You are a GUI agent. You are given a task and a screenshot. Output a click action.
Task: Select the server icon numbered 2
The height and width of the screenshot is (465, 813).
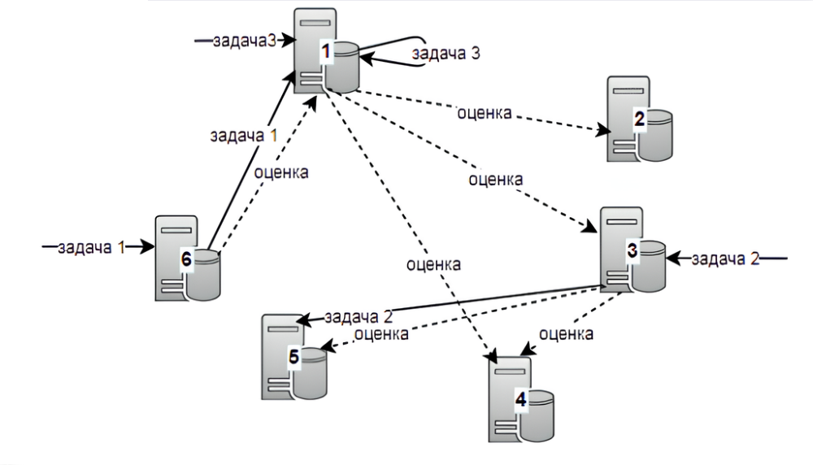[640, 120]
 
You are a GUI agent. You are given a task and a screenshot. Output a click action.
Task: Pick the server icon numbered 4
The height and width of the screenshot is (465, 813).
[521, 398]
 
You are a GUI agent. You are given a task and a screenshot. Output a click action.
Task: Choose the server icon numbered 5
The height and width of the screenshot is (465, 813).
[293, 356]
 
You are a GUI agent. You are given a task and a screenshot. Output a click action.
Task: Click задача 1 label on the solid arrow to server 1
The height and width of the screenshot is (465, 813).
[244, 137]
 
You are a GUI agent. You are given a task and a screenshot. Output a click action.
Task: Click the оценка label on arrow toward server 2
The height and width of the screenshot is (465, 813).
[484, 112]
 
